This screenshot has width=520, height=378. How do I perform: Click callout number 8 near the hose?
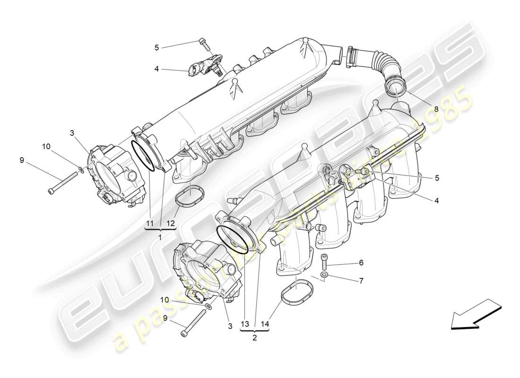pyautogui.click(x=436, y=109)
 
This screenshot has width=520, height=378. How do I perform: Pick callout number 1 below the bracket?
pyautogui.click(x=160, y=237)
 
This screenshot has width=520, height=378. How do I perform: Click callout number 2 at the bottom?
pyautogui.click(x=255, y=338)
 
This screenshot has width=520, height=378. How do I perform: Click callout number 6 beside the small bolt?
pyautogui.click(x=361, y=263)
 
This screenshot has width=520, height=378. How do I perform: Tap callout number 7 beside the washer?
pyautogui.click(x=361, y=281)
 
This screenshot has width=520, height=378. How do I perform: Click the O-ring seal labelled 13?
pyautogui.click(x=232, y=239)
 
